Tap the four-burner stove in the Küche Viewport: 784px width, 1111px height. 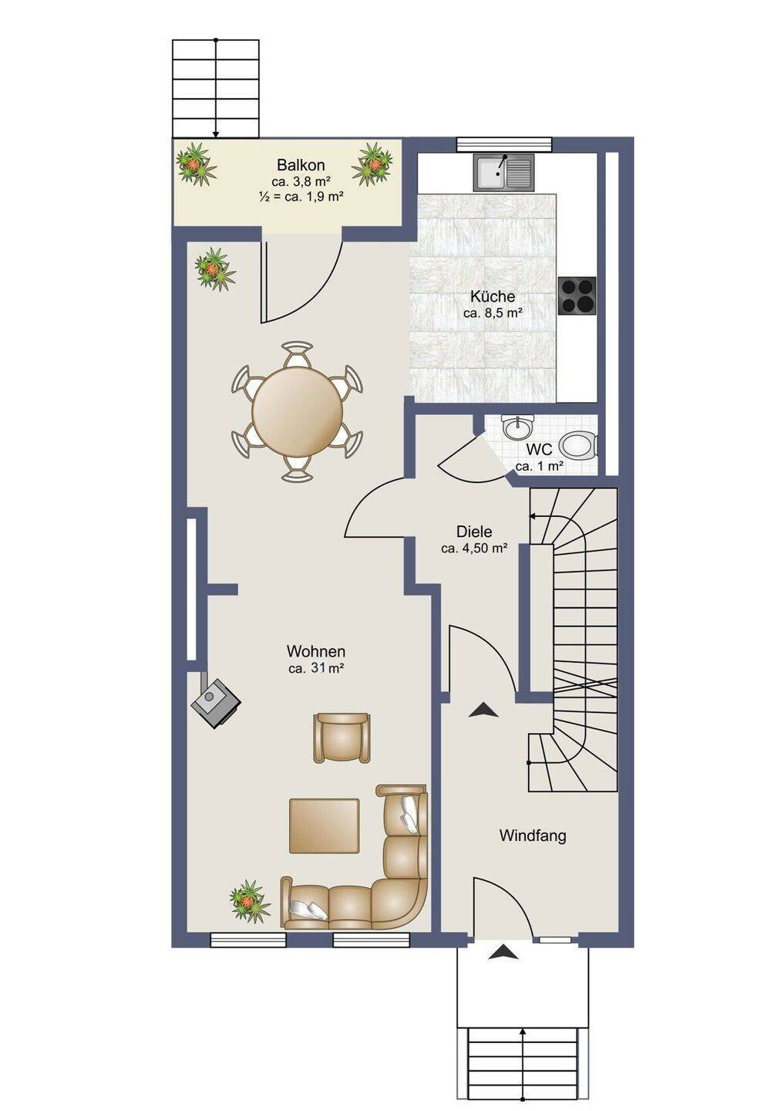point(577,295)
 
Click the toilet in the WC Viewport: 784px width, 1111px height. point(578,444)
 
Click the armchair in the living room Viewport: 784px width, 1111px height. point(342,737)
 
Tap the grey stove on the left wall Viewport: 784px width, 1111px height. point(217,704)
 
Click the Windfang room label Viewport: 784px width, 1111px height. point(533,836)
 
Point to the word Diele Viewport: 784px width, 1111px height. point(474,532)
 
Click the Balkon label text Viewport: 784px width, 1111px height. point(301,164)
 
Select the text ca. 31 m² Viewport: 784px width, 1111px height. point(316,668)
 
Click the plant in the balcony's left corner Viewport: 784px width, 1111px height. point(197,164)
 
